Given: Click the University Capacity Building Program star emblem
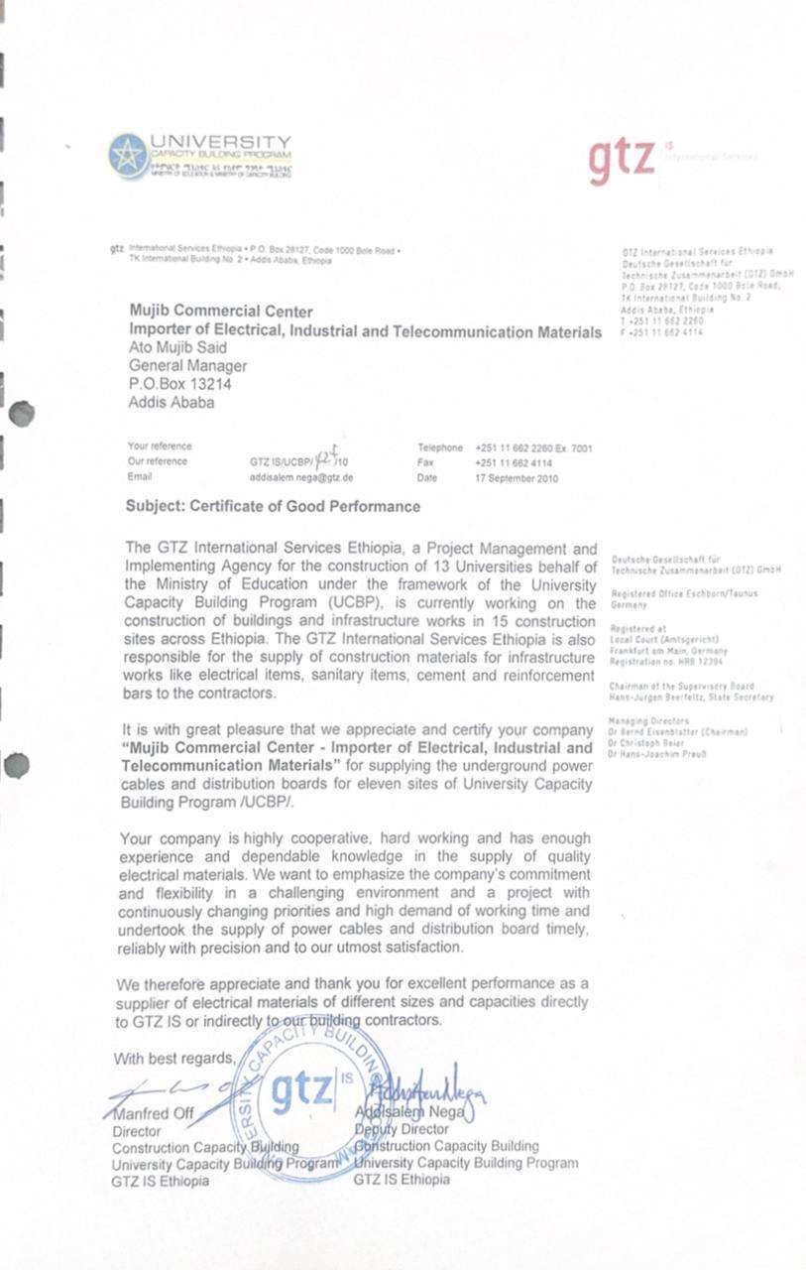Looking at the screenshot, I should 128,156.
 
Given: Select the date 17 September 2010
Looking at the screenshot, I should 517,478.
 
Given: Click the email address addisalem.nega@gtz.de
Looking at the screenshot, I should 301,477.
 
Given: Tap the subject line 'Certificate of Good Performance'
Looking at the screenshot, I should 273,506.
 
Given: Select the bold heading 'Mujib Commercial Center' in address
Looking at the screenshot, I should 221,312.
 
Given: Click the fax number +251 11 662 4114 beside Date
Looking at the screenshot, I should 514,462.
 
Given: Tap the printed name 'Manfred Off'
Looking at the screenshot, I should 153,1113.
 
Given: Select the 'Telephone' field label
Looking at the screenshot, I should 440,447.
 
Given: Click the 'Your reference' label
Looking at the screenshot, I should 160,446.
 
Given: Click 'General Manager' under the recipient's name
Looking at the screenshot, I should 187,366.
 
